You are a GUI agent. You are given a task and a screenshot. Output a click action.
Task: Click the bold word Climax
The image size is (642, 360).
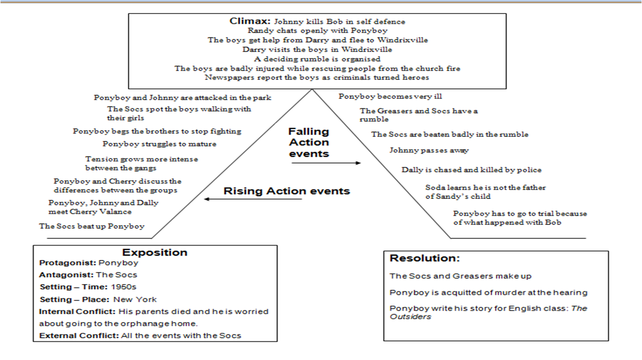pyautogui.click(x=250, y=21)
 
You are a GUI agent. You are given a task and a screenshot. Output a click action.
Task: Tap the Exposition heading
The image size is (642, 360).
pyautogui.click(x=155, y=252)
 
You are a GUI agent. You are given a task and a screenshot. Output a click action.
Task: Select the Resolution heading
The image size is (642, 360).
pyautogui.click(x=424, y=258)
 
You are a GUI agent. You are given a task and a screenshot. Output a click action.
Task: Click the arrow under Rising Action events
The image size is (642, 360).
pyautogui.click(x=253, y=199)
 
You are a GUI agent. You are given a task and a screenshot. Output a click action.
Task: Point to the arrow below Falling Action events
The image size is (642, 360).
pyautogui.click(x=326, y=163)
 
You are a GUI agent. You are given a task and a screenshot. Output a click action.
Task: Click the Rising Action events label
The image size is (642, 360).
pyautogui.click(x=287, y=191)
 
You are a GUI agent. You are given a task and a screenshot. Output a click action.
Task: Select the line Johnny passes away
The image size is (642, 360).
pyautogui.click(x=429, y=150)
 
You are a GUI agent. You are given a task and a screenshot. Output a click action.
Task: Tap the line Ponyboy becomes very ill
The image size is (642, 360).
pyautogui.click(x=390, y=96)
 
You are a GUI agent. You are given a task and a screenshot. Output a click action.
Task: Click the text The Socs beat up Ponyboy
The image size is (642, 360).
pyautogui.click(x=92, y=227)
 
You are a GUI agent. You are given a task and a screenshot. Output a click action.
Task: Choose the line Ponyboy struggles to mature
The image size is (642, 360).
pyautogui.click(x=159, y=144)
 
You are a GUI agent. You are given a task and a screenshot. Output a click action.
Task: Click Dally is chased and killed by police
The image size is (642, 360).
pyautogui.click(x=472, y=170)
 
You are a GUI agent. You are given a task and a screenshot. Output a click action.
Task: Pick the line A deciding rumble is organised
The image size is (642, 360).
pyautogui.click(x=317, y=59)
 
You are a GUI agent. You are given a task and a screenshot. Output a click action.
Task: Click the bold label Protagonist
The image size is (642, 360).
pyautogui.click(x=67, y=263)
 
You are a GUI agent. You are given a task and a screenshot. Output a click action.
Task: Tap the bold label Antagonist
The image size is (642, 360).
pyautogui.click(x=66, y=275)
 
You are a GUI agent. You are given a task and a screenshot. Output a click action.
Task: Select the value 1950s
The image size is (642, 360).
pyautogui.click(x=124, y=287)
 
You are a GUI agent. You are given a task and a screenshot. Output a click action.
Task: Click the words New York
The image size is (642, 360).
pyautogui.click(x=135, y=300)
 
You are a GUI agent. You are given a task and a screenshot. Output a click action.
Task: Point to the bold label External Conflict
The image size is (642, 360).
pyautogui.click(x=79, y=336)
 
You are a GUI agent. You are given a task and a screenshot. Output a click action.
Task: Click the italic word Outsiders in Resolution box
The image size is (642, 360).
pyautogui.click(x=410, y=317)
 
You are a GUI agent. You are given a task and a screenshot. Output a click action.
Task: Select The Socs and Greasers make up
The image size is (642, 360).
pyautogui.click(x=460, y=276)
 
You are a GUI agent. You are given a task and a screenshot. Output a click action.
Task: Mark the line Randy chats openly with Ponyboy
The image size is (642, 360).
pyautogui.click(x=317, y=30)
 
